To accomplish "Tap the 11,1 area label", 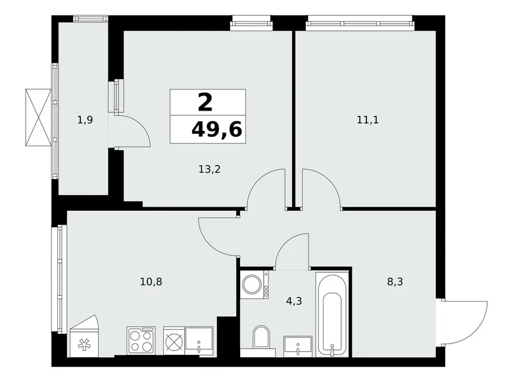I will (368, 120).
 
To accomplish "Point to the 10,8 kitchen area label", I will (151, 281).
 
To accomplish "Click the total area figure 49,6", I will (216, 128).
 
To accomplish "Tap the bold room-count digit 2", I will (205, 102).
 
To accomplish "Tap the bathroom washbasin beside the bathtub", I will (299, 345).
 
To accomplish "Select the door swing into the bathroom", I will (291, 254).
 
